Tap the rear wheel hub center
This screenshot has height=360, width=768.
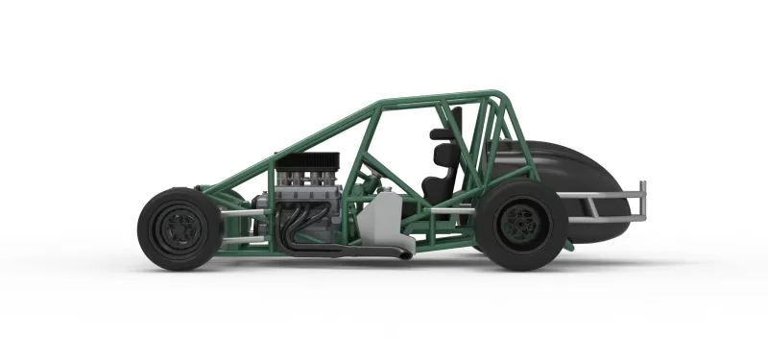tap(518, 224)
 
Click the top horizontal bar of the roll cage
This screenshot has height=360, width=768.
tap(442, 98)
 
